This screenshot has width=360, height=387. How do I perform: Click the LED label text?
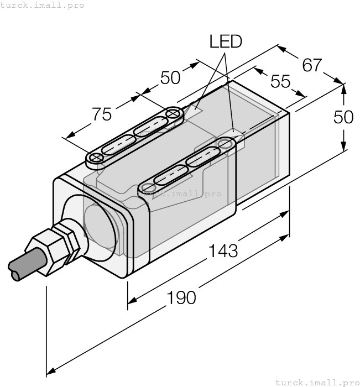click(226, 41)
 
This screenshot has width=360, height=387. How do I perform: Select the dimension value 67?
click(312, 65)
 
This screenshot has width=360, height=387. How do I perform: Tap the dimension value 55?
click(280, 81)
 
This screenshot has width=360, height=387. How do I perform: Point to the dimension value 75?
click(102, 114)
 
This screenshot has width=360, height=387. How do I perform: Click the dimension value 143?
click(223, 251)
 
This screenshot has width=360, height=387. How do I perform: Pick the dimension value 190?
click(181, 297)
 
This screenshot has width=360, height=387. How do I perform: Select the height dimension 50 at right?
click(343, 117)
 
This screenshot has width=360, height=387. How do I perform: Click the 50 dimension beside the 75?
click(170, 78)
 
